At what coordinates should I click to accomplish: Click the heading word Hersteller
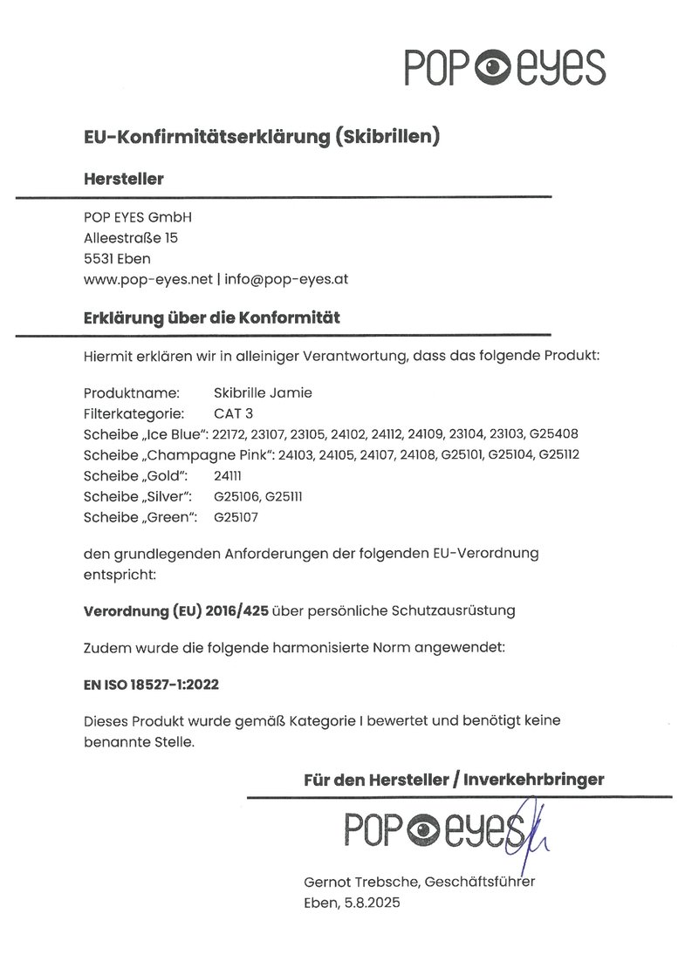point(123,179)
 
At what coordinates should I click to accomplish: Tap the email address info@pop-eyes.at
point(287,279)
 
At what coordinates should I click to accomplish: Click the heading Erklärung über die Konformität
point(212,317)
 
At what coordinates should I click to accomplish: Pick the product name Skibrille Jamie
point(262,392)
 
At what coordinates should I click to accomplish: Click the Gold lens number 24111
point(227,476)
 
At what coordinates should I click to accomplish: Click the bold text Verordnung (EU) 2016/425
point(176,610)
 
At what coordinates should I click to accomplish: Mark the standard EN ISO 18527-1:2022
point(151,685)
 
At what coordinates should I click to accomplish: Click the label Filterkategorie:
point(133,413)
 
